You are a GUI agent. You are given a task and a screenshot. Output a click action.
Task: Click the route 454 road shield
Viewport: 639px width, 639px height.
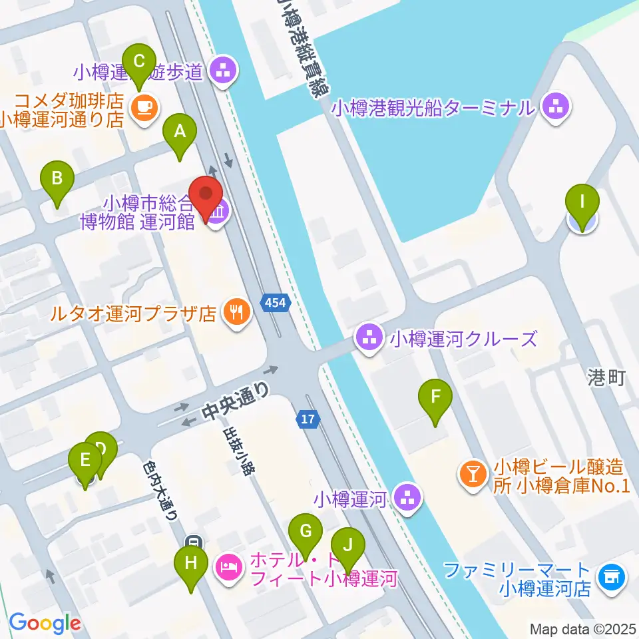pos(276,304)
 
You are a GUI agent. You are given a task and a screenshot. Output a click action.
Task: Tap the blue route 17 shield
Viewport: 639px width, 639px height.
pos(307,419)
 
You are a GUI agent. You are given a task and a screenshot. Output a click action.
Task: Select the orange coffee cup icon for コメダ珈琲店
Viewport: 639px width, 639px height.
pos(144,106)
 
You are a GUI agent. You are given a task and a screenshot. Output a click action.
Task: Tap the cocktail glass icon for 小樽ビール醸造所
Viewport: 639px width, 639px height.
pos(473,475)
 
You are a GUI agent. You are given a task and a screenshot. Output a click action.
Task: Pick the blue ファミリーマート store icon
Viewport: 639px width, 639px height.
pos(611,576)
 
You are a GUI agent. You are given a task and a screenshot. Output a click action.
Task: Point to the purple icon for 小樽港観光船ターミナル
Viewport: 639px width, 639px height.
pos(556,106)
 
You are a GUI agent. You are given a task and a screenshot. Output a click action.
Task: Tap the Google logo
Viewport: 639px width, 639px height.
pos(45,622)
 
